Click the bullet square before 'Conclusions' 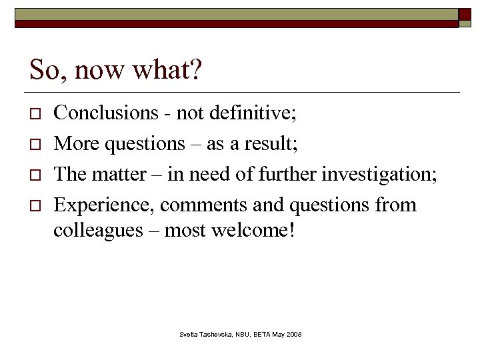[x=36, y=114]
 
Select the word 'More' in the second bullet [x=74, y=143]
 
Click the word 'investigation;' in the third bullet [x=380, y=174]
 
